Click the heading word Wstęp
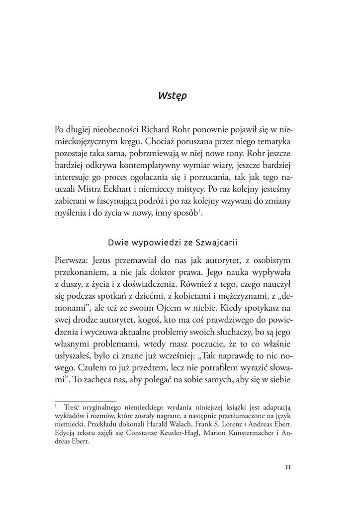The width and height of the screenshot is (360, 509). [173, 95]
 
